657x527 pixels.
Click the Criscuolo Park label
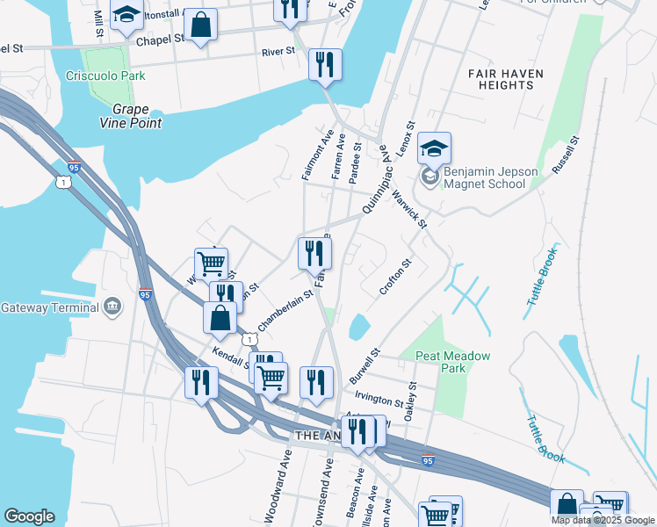click(105, 76)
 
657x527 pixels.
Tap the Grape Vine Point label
click(136, 116)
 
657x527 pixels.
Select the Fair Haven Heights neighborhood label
click(506, 79)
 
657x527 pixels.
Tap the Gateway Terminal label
click(48, 307)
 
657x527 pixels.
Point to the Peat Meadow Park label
click(453, 362)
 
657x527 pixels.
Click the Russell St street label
click(564, 154)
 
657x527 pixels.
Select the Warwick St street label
click(409, 208)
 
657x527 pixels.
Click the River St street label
click(278, 52)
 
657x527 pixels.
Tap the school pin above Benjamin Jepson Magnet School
click(434, 150)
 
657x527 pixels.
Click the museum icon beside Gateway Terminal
click(112, 307)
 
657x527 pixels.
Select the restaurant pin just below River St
click(325, 66)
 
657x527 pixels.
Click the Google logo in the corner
click(30, 516)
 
